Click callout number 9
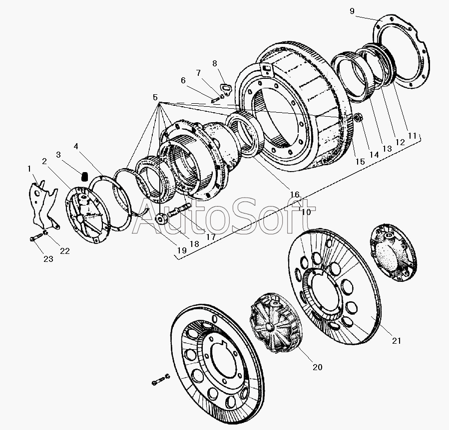coord(352,11)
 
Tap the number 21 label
coord(397,341)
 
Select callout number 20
coord(317,367)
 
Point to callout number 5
coord(155,97)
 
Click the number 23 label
coord(48,259)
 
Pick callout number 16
coord(295,195)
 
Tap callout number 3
coord(58,155)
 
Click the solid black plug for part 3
coord(84,177)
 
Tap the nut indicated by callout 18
coord(162,219)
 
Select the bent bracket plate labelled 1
coord(43,203)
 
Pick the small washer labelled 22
coord(45,232)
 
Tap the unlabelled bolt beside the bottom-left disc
coord(161,379)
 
